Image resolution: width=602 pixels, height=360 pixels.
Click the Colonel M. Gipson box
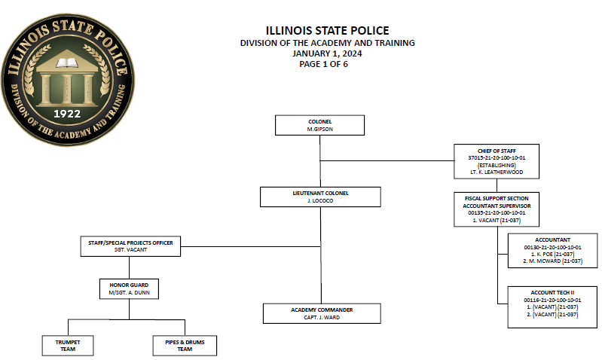pos(319,125)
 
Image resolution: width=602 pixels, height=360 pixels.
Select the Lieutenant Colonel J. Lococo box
pos(322,197)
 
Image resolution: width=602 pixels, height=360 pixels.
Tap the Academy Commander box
pos(322,313)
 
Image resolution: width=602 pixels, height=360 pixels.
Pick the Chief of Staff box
pos(496,161)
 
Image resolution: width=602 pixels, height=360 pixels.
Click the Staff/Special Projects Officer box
pos(129,246)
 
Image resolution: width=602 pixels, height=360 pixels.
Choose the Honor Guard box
pos(129,288)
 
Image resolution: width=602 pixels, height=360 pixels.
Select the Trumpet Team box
pos(68,345)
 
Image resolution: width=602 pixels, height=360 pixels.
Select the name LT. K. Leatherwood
pos(496,172)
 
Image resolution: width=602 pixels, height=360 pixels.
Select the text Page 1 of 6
pos(323,64)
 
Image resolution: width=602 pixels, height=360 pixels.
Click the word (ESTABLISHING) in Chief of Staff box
pos(496,165)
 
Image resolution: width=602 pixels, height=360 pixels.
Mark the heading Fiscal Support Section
pos(496,198)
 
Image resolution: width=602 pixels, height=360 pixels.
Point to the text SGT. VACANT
pos(129,250)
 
